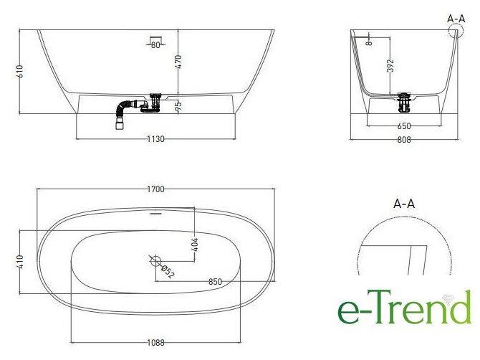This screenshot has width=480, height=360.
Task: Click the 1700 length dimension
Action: pyautogui.click(x=155, y=189)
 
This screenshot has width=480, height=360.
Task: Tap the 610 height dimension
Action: pyautogui.click(x=20, y=71)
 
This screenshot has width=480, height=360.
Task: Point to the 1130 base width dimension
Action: pyautogui.click(x=155, y=139)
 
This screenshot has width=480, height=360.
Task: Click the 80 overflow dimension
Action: pyautogui.click(x=155, y=45)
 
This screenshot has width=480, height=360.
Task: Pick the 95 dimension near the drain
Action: pyautogui.click(x=178, y=105)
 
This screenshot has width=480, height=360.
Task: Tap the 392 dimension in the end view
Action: pyautogui.click(x=390, y=65)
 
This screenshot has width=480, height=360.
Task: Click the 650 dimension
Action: pyautogui.click(x=404, y=126)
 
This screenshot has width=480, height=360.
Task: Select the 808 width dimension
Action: pyautogui.click(x=404, y=140)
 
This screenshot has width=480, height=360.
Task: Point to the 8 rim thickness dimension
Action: pyautogui.click(x=370, y=42)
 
